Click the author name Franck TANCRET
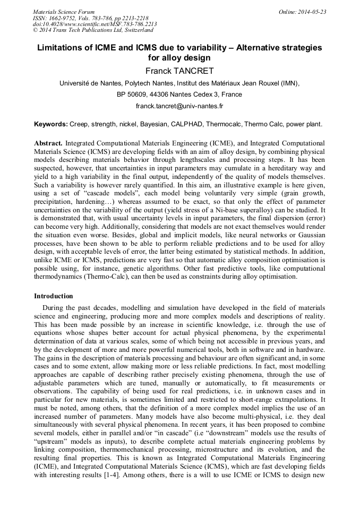pos(179,70)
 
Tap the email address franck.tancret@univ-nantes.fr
pos(179,106)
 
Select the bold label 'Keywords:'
pos(51,124)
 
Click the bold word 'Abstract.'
pos(48,143)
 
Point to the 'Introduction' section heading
pos(54,296)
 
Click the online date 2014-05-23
pos(312,12)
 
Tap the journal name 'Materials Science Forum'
pos(64,12)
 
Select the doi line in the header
pos(95,24)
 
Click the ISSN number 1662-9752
pos(63,18)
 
